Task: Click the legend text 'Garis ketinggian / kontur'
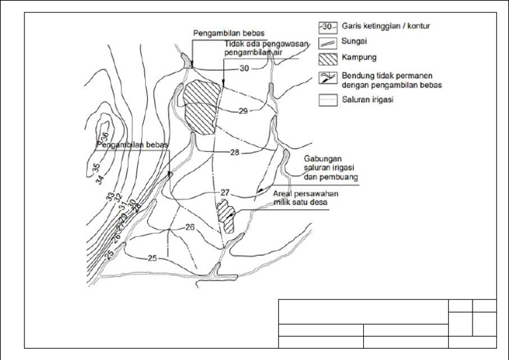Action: click(x=394, y=27)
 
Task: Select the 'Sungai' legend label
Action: click(x=355, y=42)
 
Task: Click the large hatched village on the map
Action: click(x=199, y=105)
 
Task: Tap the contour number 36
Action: click(x=105, y=137)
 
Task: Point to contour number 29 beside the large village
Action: click(x=243, y=111)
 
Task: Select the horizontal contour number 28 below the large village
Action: click(x=235, y=152)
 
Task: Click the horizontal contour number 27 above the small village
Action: click(x=225, y=192)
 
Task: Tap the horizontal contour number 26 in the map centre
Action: click(x=190, y=227)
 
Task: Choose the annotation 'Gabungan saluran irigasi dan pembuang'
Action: click(x=331, y=168)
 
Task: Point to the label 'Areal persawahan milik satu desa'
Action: click(x=306, y=198)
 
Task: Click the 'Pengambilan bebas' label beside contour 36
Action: click(x=133, y=144)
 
